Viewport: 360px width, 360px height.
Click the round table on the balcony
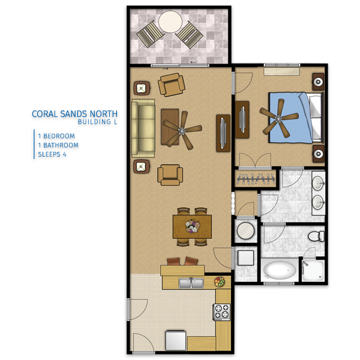170,22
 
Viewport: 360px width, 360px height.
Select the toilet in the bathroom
316,236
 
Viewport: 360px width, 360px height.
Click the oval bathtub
280,270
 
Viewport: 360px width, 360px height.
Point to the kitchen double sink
191,283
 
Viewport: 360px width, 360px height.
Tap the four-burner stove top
222,312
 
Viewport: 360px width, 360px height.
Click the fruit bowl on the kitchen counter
220,282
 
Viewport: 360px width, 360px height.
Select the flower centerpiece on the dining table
193,226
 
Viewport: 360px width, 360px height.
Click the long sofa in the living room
143,128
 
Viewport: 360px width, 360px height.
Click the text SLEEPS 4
52,154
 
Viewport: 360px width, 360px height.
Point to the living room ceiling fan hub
182,131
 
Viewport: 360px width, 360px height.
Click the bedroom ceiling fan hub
278,119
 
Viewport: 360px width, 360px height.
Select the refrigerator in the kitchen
176,340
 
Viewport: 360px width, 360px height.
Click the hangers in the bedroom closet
256,179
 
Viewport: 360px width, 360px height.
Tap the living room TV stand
223,133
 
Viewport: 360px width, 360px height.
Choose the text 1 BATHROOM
58,145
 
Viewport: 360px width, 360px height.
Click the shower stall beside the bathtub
313,271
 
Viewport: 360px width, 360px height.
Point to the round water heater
245,230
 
